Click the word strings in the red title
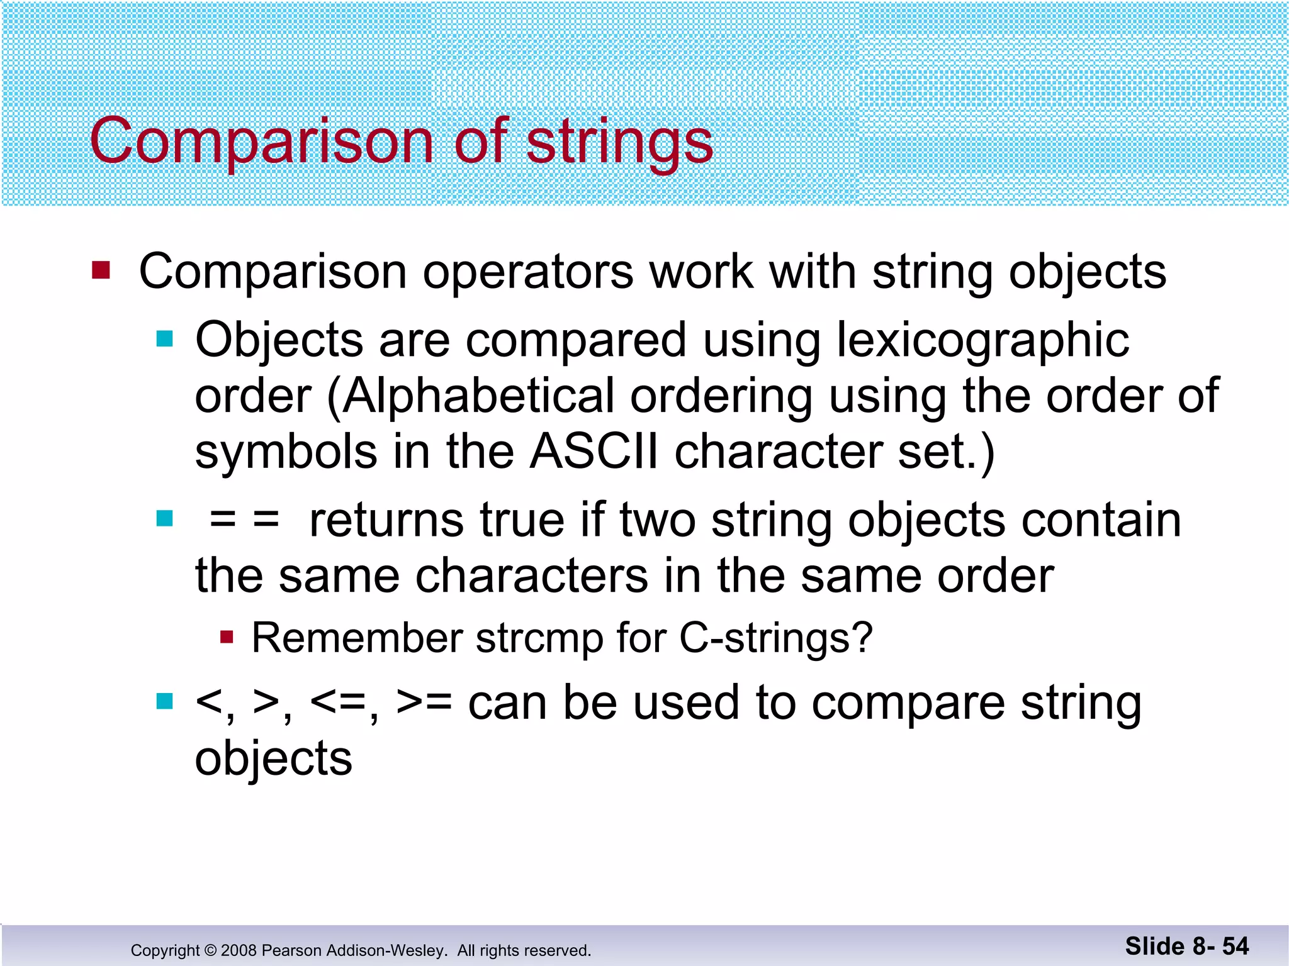619,142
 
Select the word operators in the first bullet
527,272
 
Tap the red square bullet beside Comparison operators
101,270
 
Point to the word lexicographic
982,340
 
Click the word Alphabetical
478,396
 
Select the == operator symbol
244,521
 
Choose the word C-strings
775,638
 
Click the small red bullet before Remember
227,638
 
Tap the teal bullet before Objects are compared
164,340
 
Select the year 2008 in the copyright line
239,950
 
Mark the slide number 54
1235,946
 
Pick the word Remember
357,638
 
